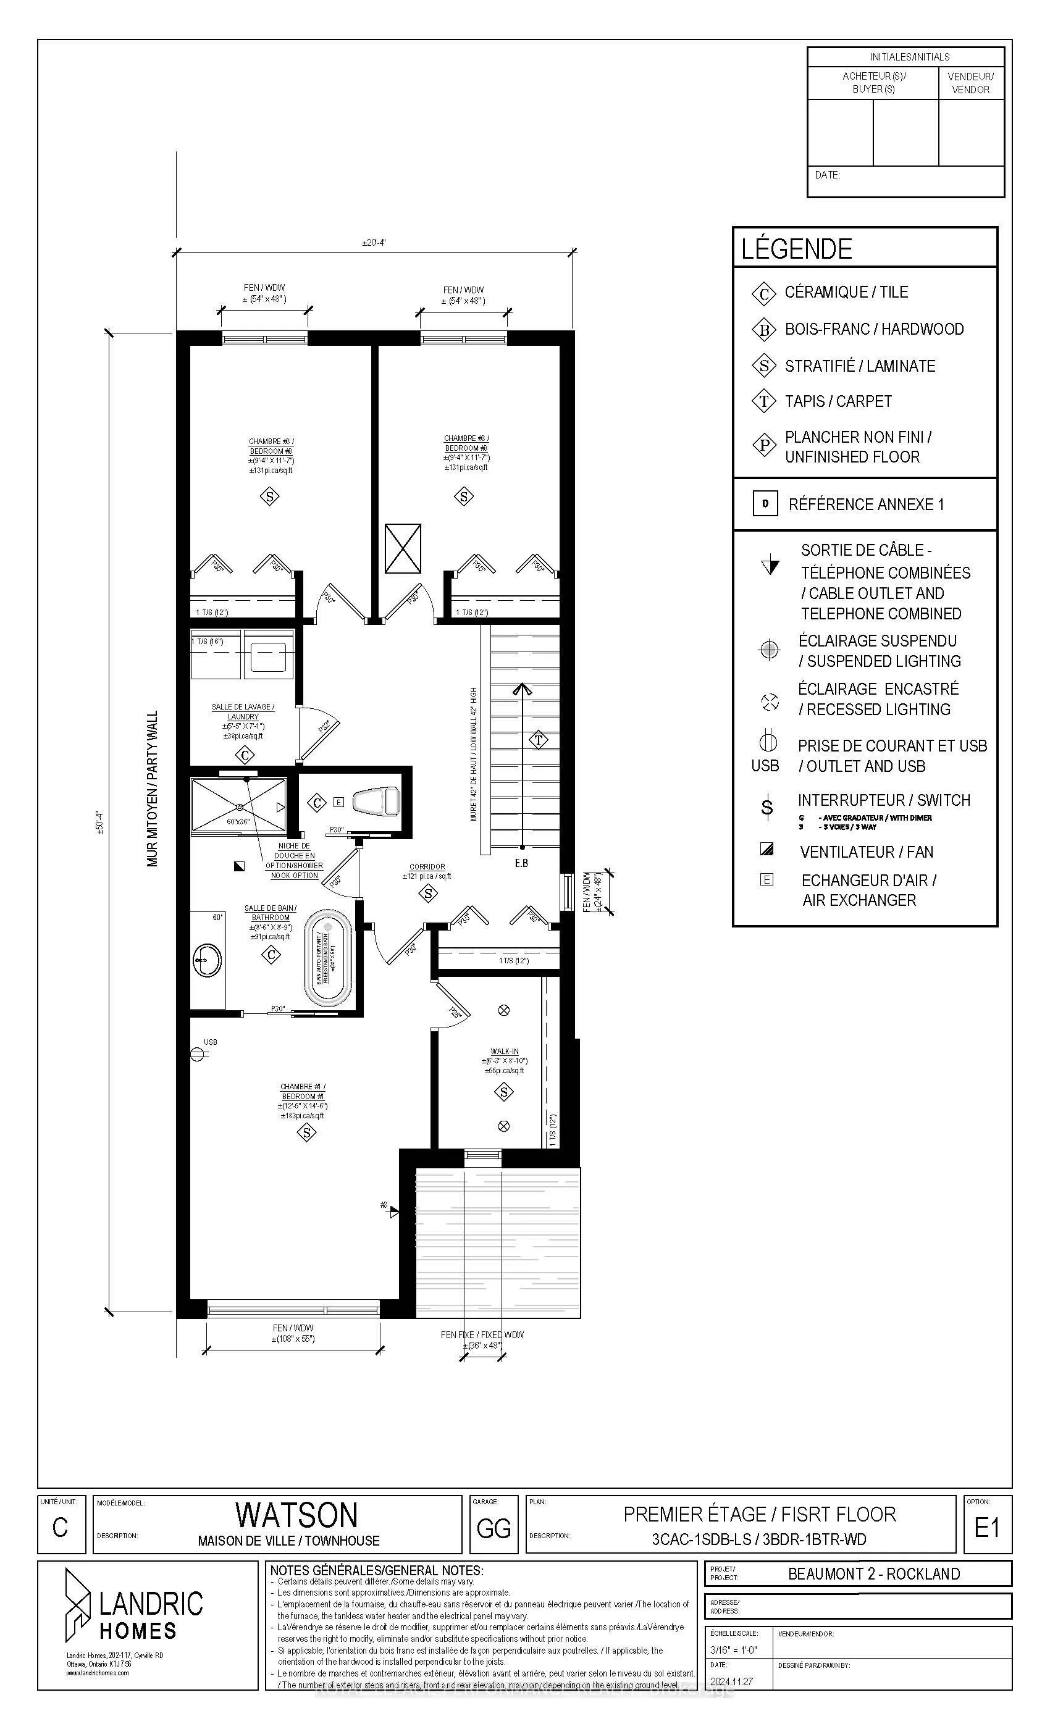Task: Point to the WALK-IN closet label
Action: point(504,1051)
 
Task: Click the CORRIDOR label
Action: point(427,866)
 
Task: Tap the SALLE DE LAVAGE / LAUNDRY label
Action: point(243,711)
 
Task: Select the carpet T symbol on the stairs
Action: point(539,740)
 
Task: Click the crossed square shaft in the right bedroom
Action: point(403,548)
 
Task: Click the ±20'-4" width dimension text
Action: point(374,243)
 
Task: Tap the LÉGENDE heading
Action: point(797,249)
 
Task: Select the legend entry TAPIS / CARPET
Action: point(838,401)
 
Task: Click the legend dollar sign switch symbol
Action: point(767,808)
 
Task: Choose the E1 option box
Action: point(987,1527)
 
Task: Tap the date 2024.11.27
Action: point(731,1682)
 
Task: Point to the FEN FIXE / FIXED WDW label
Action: point(482,1334)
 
